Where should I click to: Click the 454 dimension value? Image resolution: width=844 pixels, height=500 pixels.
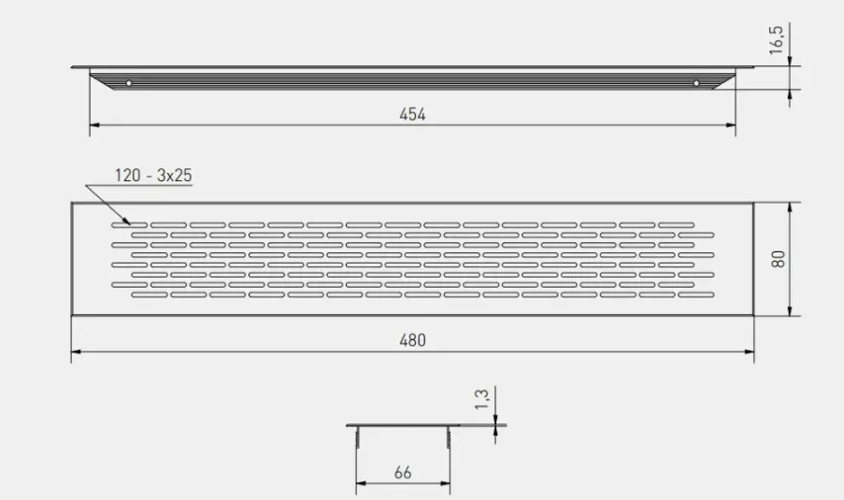pos(412,114)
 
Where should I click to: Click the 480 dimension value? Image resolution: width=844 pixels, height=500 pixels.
pos(412,341)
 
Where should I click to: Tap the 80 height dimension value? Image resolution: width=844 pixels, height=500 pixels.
pos(777,258)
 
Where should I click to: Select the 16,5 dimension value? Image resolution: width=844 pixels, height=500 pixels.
pos(777,40)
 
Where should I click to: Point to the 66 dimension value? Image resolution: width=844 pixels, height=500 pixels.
pos(403,473)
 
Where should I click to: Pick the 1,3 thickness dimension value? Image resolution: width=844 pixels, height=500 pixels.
pos(482,400)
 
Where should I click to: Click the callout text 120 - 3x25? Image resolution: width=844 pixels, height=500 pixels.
pos(153,176)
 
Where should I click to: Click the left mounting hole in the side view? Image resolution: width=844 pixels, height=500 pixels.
pos(129,84)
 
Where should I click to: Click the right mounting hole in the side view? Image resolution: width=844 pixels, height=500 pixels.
pos(696,84)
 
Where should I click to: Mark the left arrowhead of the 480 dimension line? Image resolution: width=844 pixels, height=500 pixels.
pos(76,351)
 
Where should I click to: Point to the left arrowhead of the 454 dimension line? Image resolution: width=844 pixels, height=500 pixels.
pos(93,124)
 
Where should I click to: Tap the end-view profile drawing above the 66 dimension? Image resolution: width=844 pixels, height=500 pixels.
pos(403,427)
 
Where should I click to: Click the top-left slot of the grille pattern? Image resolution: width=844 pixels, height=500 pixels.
pos(122,225)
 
